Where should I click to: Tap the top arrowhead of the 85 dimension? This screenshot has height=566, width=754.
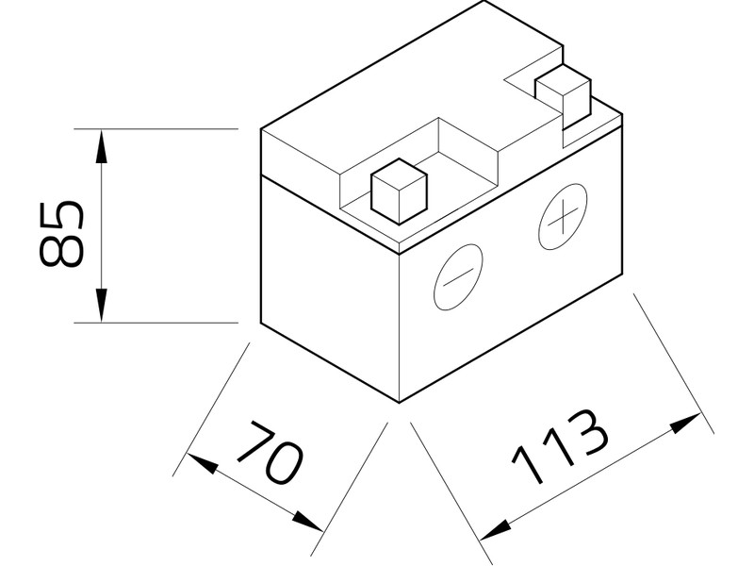pos(101,141)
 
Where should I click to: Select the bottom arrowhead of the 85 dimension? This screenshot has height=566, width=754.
pos(101,308)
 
